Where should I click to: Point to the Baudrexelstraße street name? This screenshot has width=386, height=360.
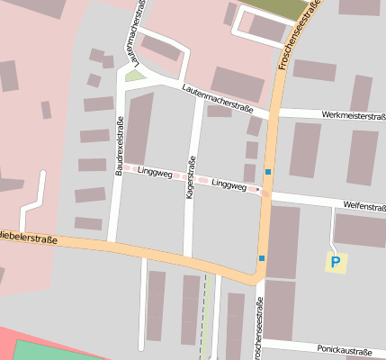pos(120,145)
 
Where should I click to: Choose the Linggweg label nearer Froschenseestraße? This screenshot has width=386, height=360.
pos(229,184)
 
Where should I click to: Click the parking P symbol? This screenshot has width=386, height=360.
pos(336,263)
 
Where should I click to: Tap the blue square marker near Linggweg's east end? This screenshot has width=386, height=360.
pos(267,171)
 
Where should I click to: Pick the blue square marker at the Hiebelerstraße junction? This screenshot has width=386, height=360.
pos(262,258)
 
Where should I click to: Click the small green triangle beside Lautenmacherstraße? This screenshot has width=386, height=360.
pos(134,76)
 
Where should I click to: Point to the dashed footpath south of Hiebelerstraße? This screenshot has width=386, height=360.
pos(206,315)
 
